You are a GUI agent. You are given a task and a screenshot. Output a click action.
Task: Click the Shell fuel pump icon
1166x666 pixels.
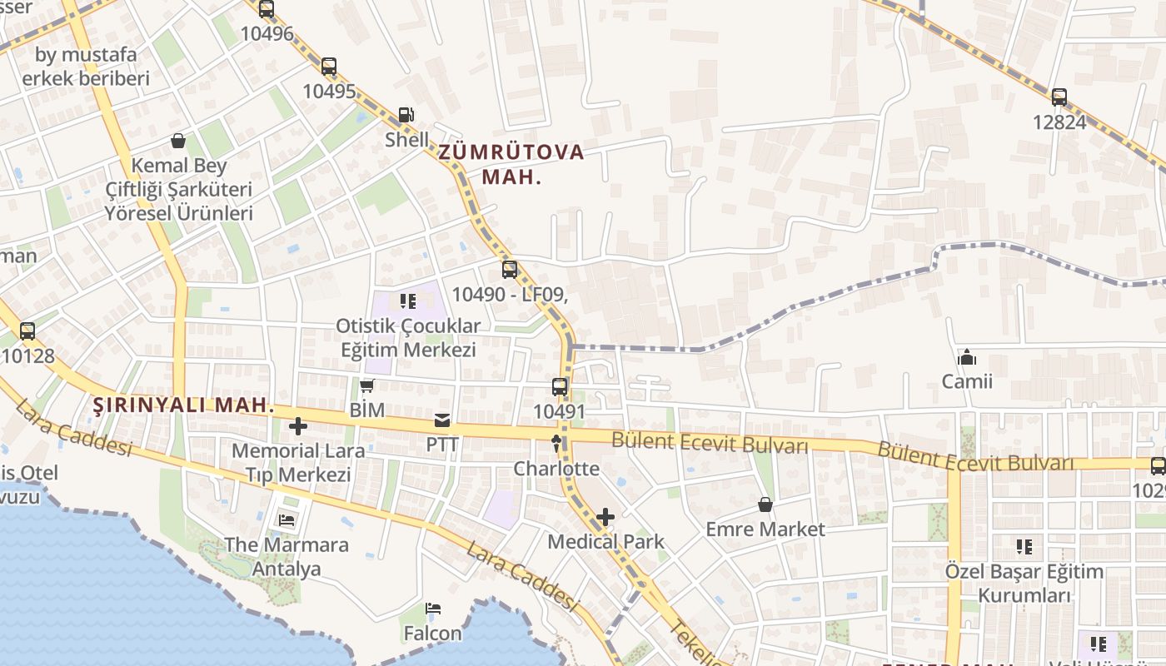[x=406, y=115]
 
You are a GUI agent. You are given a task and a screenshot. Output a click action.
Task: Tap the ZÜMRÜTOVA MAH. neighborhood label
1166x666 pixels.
[x=511, y=164]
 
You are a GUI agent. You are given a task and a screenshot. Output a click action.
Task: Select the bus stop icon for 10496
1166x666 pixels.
[x=267, y=10]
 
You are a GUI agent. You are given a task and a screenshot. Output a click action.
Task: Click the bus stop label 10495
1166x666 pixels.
[x=329, y=92]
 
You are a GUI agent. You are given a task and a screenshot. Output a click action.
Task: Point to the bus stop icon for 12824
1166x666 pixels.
[x=1059, y=97]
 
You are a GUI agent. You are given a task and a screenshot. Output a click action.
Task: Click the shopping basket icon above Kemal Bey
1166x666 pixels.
[x=177, y=141]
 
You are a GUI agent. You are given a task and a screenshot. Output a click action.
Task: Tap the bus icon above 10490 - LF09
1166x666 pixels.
[x=510, y=270]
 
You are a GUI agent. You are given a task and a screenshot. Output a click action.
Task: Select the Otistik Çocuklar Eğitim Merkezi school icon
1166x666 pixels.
[x=408, y=301]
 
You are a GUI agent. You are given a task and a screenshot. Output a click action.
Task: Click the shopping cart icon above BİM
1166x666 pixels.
[x=367, y=385]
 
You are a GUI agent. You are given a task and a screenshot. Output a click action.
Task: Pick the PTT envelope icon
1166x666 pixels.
[x=442, y=420]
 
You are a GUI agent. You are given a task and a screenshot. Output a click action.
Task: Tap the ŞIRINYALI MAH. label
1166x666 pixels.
[x=183, y=405]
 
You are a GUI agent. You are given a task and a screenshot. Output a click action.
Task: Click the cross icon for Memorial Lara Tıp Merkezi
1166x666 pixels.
[x=298, y=427]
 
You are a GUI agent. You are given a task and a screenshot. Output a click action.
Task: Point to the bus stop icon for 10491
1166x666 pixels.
[x=560, y=387]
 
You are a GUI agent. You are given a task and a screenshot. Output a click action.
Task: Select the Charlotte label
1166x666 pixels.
[x=556, y=468]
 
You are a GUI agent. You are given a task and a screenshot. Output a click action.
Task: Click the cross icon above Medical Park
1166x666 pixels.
[x=605, y=517]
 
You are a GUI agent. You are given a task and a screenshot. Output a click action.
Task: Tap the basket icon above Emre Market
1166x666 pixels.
[x=765, y=504]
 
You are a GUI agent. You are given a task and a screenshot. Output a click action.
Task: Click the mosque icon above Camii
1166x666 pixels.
[x=967, y=357]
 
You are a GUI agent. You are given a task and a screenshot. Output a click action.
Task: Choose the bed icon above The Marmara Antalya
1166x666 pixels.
[x=287, y=521]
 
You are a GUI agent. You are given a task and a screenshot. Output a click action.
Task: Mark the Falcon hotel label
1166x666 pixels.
[x=432, y=634]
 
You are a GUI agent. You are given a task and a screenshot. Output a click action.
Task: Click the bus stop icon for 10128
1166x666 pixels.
[x=27, y=331]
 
